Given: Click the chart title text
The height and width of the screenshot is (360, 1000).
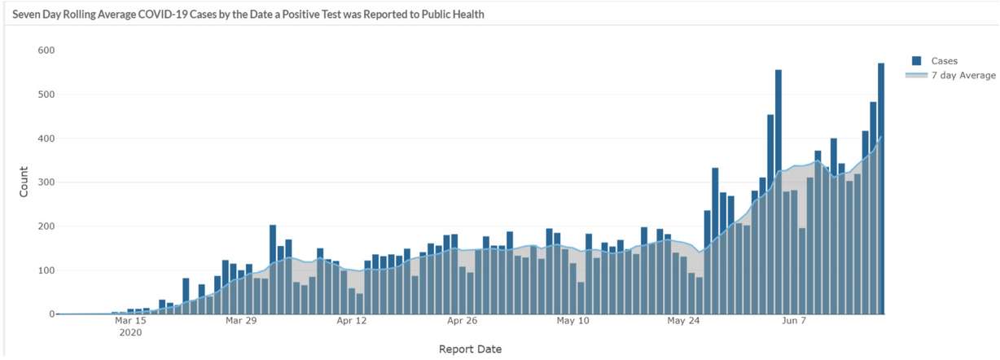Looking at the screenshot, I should coord(248,15).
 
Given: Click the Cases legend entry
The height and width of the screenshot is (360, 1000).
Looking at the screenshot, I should coord(944,61).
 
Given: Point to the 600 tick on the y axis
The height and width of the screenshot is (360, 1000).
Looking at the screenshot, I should coord(46,50).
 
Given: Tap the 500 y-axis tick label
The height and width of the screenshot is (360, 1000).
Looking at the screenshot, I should coord(46,94).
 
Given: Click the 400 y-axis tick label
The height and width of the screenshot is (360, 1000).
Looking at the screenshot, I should coord(46,138).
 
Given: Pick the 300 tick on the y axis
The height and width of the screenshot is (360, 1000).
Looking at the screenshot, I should coord(46,182).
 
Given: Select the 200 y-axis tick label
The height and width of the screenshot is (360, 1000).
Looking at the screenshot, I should coord(46,226).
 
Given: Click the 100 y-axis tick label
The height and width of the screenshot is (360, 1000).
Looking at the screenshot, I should coord(46,270).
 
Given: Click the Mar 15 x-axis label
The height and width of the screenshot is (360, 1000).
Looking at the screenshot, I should coord(130,321).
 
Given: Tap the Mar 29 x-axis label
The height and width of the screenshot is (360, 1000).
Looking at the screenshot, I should coord(240,321).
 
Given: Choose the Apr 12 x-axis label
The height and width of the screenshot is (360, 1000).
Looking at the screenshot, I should coord(351,321).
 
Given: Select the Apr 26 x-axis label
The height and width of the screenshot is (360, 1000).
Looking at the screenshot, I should coord(462,321).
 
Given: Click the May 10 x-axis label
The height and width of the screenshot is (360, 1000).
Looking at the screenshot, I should coord(572,321).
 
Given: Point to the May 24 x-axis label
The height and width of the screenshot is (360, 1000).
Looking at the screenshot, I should coord(683,321).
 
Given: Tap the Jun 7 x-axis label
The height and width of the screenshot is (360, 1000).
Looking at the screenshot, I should coord(793,321).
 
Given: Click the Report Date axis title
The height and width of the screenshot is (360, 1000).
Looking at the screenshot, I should coord(470,349).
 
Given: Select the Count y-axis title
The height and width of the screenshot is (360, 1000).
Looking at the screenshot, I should coord(23,182).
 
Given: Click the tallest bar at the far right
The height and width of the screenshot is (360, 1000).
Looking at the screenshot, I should coord(880,187).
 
